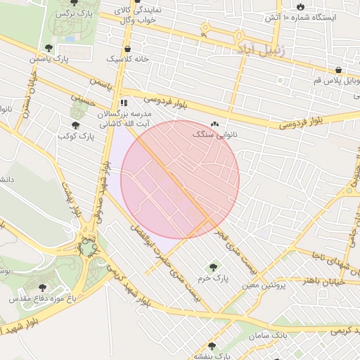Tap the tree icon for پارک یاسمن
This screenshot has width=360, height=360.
coord(48,48)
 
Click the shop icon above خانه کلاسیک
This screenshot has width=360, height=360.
coord(127,49)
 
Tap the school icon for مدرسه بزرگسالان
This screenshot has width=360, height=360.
coord(124,103)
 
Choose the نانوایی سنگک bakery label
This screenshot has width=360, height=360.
coord(214,134)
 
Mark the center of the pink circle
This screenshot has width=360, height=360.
coord(180,179)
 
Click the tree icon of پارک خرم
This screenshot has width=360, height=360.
coord(213,267)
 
